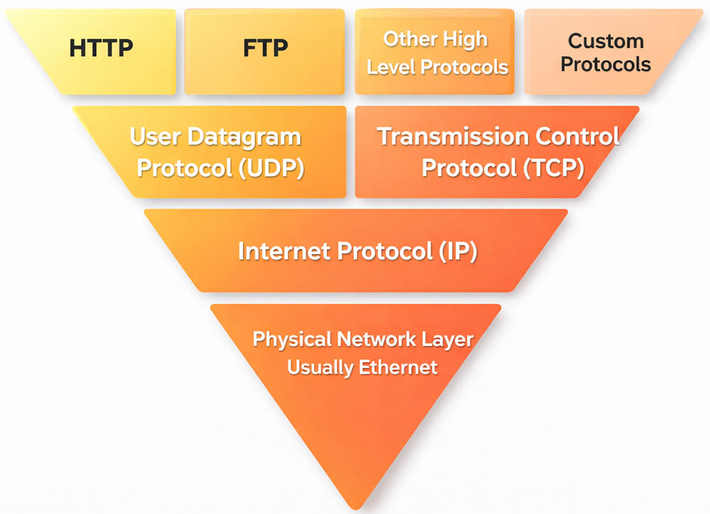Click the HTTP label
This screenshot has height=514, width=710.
click(100, 48)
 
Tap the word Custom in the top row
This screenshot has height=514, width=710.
click(606, 41)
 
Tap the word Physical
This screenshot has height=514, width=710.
click(292, 339)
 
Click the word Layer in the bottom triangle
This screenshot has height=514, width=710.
click(444, 339)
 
